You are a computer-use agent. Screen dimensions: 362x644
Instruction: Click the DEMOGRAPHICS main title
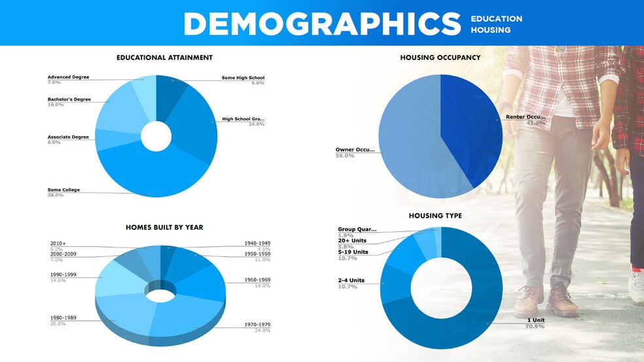click(x=322, y=24)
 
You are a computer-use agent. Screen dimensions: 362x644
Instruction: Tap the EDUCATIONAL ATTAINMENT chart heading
click(x=164, y=58)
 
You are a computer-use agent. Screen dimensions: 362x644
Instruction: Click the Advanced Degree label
click(x=68, y=77)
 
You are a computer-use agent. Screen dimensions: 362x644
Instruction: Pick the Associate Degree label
click(x=68, y=137)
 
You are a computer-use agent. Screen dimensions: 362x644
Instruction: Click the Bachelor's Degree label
click(x=69, y=99)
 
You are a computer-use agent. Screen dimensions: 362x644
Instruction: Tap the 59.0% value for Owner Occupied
click(x=345, y=156)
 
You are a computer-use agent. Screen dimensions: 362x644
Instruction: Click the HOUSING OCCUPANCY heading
click(x=440, y=58)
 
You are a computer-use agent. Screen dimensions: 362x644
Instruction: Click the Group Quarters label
click(x=357, y=229)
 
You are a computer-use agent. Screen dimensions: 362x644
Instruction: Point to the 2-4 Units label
click(x=351, y=280)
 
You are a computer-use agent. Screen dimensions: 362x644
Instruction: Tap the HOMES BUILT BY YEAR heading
click(x=164, y=227)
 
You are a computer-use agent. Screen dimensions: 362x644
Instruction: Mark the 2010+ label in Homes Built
click(x=58, y=244)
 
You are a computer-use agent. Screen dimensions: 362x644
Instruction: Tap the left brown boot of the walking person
click(x=529, y=301)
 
